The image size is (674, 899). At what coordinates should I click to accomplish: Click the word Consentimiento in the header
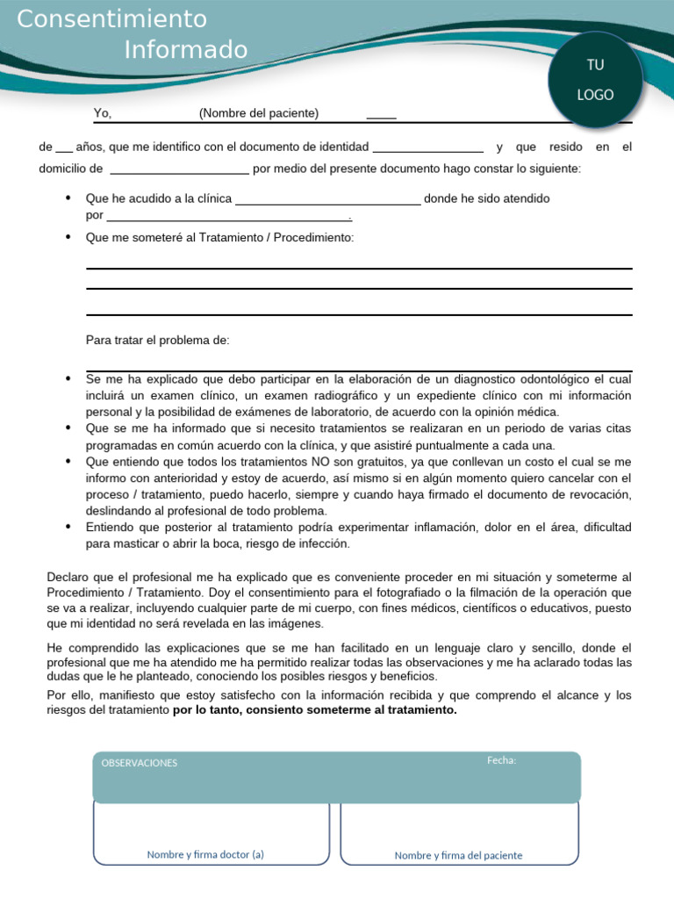112,18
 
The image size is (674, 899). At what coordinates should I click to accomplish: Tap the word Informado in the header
186,49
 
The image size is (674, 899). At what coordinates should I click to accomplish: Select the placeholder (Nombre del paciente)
259,113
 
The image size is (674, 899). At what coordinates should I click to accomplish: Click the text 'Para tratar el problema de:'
157,340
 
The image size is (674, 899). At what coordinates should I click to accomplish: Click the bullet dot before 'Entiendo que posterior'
68,527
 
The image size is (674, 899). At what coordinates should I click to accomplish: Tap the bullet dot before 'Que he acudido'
68,198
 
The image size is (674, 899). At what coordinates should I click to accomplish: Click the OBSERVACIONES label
139,763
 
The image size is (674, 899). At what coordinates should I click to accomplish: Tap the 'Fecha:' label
501,760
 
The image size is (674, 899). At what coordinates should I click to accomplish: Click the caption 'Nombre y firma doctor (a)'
205,854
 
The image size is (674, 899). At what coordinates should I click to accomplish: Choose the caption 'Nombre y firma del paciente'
458,855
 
